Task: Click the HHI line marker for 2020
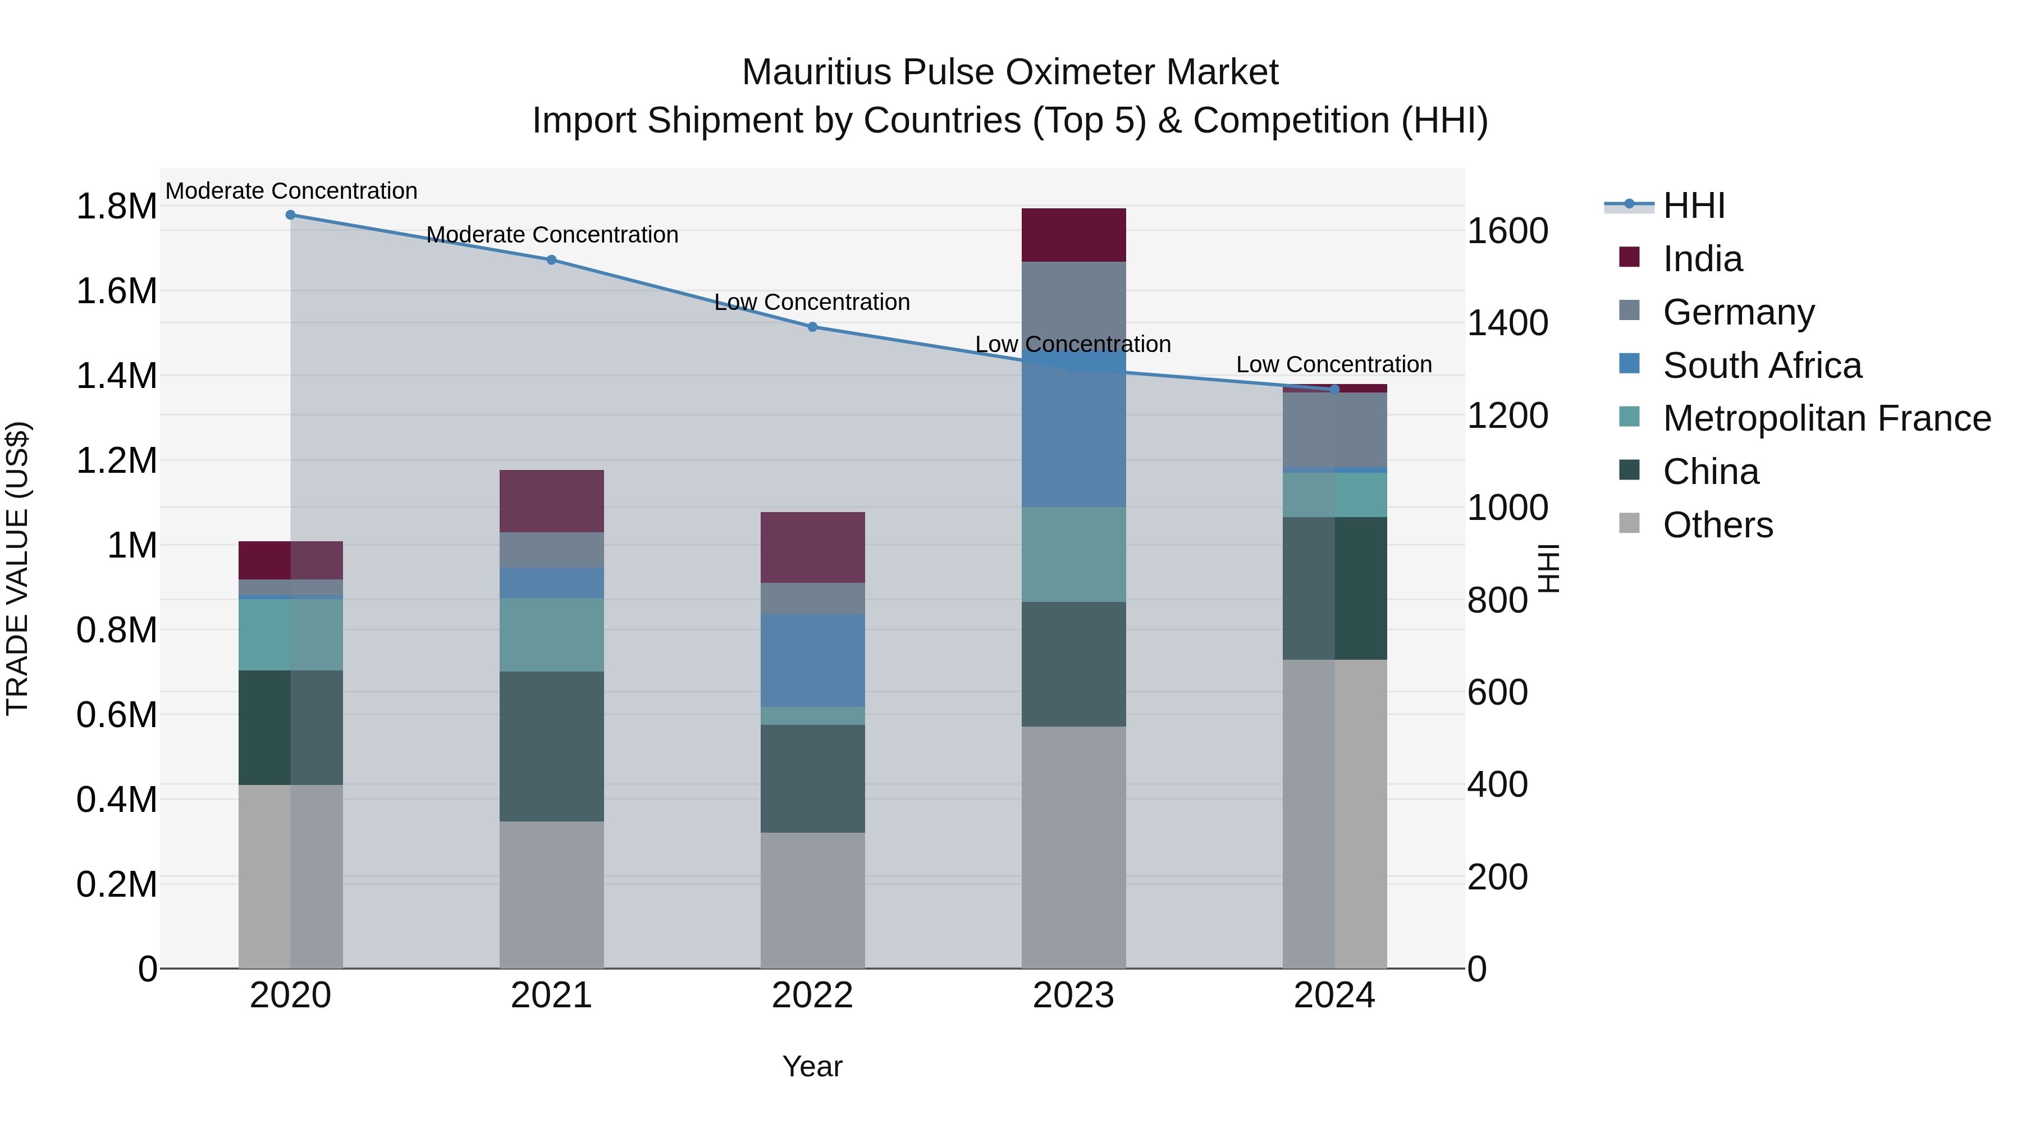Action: click(x=290, y=215)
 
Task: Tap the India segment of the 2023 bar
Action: click(x=1073, y=235)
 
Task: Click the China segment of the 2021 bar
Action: click(x=551, y=746)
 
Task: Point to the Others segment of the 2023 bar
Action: click(x=1073, y=847)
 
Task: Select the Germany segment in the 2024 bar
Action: click(x=1334, y=430)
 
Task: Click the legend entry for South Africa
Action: click(x=1761, y=366)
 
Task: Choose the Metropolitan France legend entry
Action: click(x=1826, y=418)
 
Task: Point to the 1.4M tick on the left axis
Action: click(x=116, y=376)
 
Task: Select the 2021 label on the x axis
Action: click(x=551, y=996)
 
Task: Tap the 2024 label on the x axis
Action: click(x=1334, y=996)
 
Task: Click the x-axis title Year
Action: click(x=812, y=1066)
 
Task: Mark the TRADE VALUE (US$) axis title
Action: click(x=17, y=568)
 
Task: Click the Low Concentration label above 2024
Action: click(x=1334, y=365)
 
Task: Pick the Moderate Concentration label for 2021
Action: click(x=552, y=235)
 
